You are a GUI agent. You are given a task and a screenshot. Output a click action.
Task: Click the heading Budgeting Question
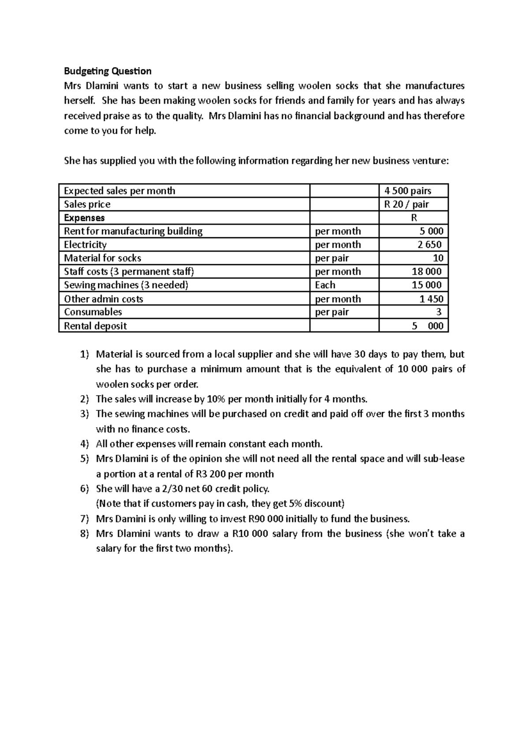coord(108,71)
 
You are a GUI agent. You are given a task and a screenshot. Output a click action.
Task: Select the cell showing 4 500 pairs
coord(408,191)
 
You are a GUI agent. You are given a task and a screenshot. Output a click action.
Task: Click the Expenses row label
coord(84,218)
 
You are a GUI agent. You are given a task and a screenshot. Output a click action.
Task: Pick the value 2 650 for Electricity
coord(429,245)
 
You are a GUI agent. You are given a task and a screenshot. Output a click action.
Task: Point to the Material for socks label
coord(102,258)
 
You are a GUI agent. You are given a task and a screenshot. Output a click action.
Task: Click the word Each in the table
coord(325,285)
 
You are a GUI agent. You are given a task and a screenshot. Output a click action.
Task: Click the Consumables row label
coord(93,312)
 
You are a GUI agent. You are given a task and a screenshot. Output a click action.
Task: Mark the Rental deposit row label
coord(95,326)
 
